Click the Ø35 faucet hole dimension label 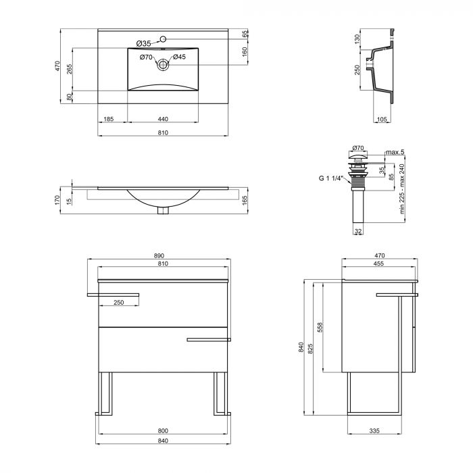(x=143, y=43)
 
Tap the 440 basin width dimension (x=163, y=119)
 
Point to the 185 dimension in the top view (x=108, y=119)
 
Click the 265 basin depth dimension (x=70, y=68)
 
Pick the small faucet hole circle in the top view (x=163, y=39)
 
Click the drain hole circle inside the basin (x=163, y=65)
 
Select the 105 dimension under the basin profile (x=382, y=119)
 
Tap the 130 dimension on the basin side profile (x=357, y=40)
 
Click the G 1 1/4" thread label (x=332, y=179)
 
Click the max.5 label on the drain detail (x=394, y=152)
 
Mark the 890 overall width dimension (x=159, y=255)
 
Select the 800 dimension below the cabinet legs (x=163, y=430)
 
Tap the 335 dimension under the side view (x=374, y=430)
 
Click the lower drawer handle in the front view (x=209, y=339)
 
